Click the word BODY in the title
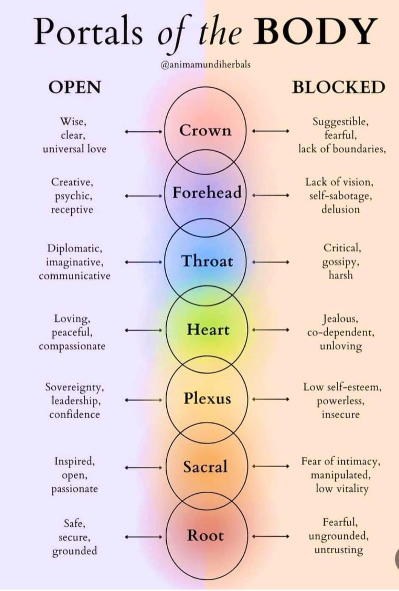(x=316, y=32)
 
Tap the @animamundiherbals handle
(x=205, y=65)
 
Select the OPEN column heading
(x=74, y=87)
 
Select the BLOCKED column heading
(x=338, y=87)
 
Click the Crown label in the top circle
(x=205, y=130)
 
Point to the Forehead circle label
(x=207, y=193)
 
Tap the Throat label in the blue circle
(x=207, y=261)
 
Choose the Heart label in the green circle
(x=208, y=329)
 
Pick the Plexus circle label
(x=207, y=398)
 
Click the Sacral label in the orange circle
(x=205, y=467)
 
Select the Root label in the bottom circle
(x=205, y=536)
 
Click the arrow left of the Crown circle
(x=143, y=131)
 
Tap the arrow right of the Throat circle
(x=270, y=262)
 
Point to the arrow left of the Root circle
(x=143, y=537)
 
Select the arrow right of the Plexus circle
(x=270, y=399)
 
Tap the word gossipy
(x=341, y=262)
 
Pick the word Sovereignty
(x=75, y=387)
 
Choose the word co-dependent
(x=341, y=332)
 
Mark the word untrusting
(x=338, y=550)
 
